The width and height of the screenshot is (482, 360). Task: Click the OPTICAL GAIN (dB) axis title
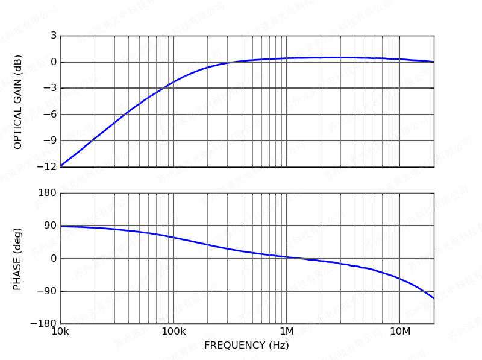pyautogui.click(x=18, y=102)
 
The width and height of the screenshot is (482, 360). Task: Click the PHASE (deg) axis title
pyautogui.click(x=18, y=259)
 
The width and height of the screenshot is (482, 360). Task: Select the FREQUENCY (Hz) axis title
pyautogui.click(x=246, y=346)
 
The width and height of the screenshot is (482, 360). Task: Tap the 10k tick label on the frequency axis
pyautogui.click(x=60, y=332)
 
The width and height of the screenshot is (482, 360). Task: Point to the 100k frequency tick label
pyautogui.click(x=174, y=332)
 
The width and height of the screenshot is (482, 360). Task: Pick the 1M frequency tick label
pyautogui.click(x=286, y=332)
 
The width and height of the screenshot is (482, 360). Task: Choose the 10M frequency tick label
pyautogui.click(x=399, y=332)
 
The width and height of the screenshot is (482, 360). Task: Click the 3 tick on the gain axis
pyautogui.click(x=54, y=36)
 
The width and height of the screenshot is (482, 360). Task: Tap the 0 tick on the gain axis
pyautogui.click(x=54, y=62)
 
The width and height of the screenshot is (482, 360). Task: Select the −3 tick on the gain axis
pyautogui.click(x=51, y=88)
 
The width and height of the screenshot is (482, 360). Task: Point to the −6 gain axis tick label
pyautogui.click(x=51, y=115)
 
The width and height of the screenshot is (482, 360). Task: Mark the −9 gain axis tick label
pyautogui.click(x=51, y=141)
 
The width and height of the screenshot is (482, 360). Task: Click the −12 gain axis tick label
pyautogui.click(x=48, y=166)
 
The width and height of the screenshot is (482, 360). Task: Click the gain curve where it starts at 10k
pyautogui.click(x=61, y=166)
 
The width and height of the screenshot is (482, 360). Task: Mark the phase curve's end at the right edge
pyautogui.click(x=433, y=298)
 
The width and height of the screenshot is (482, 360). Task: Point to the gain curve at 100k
pyautogui.click(x=174, y=81)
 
